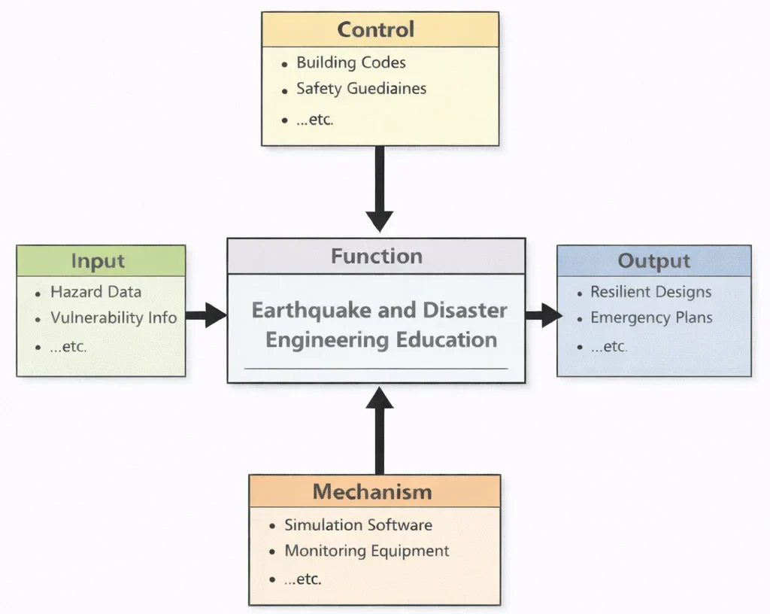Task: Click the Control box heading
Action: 375,30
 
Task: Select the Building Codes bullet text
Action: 351,62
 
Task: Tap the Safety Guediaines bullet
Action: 361,89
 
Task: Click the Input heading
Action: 98,261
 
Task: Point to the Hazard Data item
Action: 95,292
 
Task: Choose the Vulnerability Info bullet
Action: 114,318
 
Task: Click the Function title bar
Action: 377,256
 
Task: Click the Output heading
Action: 653,261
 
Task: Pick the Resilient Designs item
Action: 650,292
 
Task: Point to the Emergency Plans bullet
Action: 651,318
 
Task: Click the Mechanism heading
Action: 372,492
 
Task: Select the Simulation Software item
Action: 358,525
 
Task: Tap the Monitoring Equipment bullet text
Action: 367,552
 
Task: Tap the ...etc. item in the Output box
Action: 608,347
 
